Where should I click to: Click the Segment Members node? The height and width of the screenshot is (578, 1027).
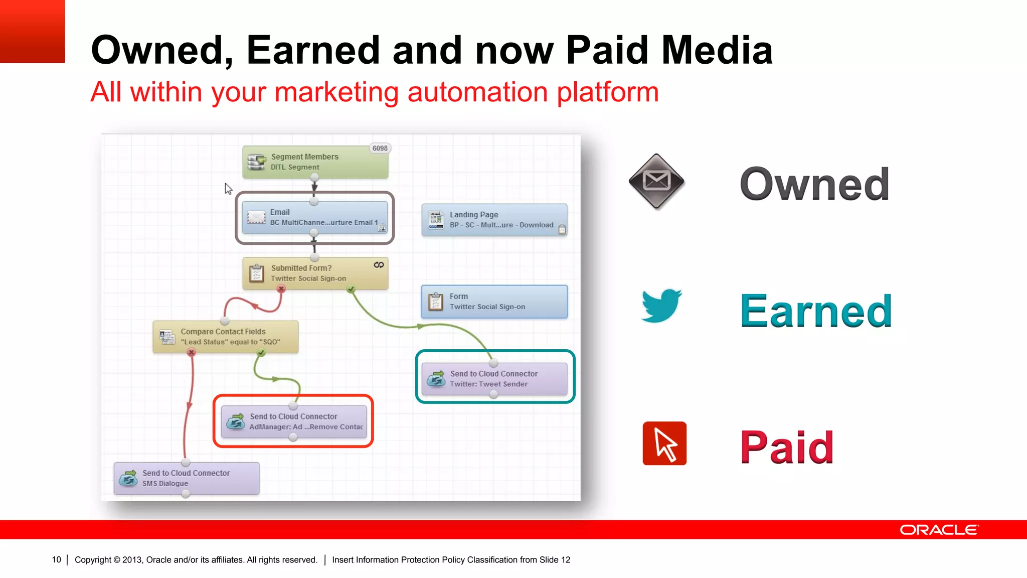coord(315,162)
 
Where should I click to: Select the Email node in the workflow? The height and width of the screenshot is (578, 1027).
coord(314,217)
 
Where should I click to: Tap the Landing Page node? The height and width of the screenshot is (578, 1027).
coord(494,220)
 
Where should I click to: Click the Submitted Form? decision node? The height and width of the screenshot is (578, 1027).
coord(315,273)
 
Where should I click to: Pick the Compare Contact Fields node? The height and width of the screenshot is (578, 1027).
coord(225,337)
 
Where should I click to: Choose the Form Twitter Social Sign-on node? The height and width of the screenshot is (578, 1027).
coord(494,302)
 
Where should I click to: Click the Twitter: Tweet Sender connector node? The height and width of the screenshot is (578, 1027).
coord(494,379)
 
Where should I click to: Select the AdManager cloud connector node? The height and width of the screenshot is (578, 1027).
coord(294,421)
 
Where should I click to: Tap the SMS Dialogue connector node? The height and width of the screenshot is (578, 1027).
coord(186,478)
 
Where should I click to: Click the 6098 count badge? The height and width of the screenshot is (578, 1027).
coord(380,149)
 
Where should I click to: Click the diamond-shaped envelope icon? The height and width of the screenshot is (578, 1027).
coord(656,181)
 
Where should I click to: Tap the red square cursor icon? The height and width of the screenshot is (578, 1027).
coord(664,444)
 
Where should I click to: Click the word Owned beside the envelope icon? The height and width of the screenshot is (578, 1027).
coord(814,184)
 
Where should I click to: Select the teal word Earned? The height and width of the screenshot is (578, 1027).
coord(816,312)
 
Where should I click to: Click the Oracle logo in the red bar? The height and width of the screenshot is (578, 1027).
coord(939,530)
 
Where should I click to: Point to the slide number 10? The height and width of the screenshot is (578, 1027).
coord(56,559)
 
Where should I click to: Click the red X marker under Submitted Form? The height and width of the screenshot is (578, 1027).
coord(281,289)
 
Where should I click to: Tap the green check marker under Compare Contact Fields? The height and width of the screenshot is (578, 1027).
coord(261,353)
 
